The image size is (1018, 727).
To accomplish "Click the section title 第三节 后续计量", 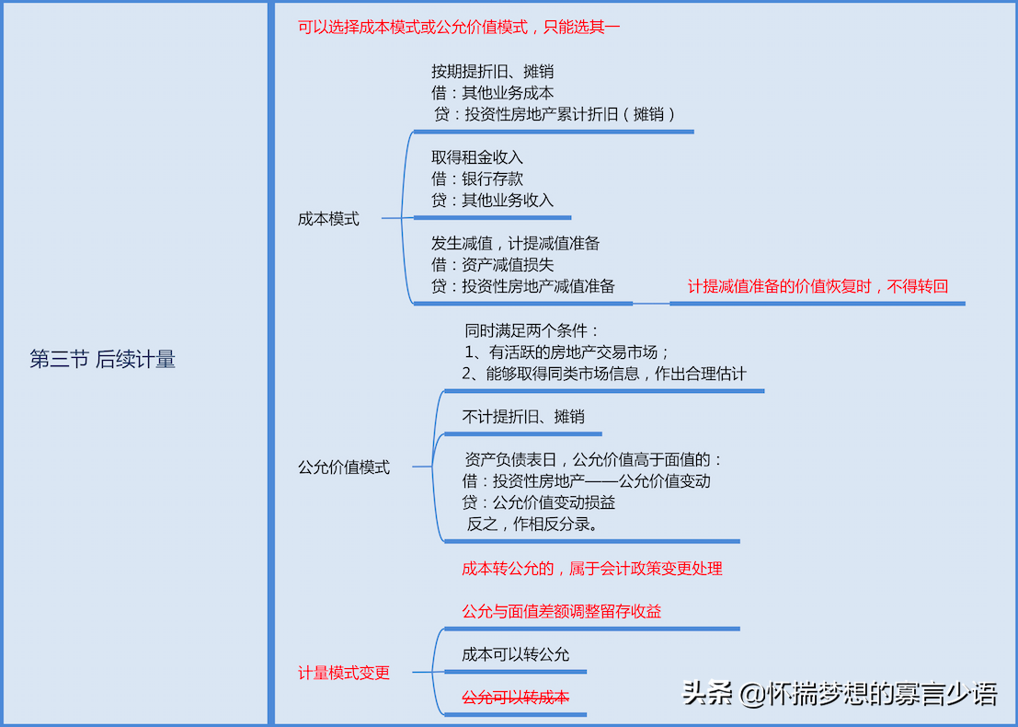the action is pos(102,360).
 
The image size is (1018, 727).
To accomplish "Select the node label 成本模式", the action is pos(328,219).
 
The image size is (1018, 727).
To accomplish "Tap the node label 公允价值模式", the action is pos(343,467).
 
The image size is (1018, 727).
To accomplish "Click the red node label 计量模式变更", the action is pos(343,673).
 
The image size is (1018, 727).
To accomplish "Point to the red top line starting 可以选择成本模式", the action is pos(459,27).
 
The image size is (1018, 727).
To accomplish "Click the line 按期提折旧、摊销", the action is pos(492,71).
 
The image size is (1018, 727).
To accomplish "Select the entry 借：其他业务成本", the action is pos(492,93).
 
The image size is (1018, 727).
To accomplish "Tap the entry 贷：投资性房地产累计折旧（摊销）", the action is pos(555,115).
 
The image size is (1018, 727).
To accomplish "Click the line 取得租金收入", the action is pos(476,157).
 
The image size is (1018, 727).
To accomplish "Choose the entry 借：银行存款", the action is pos(476,179).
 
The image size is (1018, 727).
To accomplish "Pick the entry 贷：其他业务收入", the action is pos(492,200).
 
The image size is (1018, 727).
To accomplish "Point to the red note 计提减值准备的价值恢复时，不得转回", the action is pos(818,286).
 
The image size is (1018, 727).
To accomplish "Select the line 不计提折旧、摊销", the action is pos(522,417).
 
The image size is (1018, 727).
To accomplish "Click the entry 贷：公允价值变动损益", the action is pos(538,502).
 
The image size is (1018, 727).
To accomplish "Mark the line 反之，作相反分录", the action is pos(532,525).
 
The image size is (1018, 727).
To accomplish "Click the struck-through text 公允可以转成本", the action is pos(515,697).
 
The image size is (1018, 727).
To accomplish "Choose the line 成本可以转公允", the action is pos(515,654).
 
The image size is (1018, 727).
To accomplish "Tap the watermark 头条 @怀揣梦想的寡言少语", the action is pos(839,692).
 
